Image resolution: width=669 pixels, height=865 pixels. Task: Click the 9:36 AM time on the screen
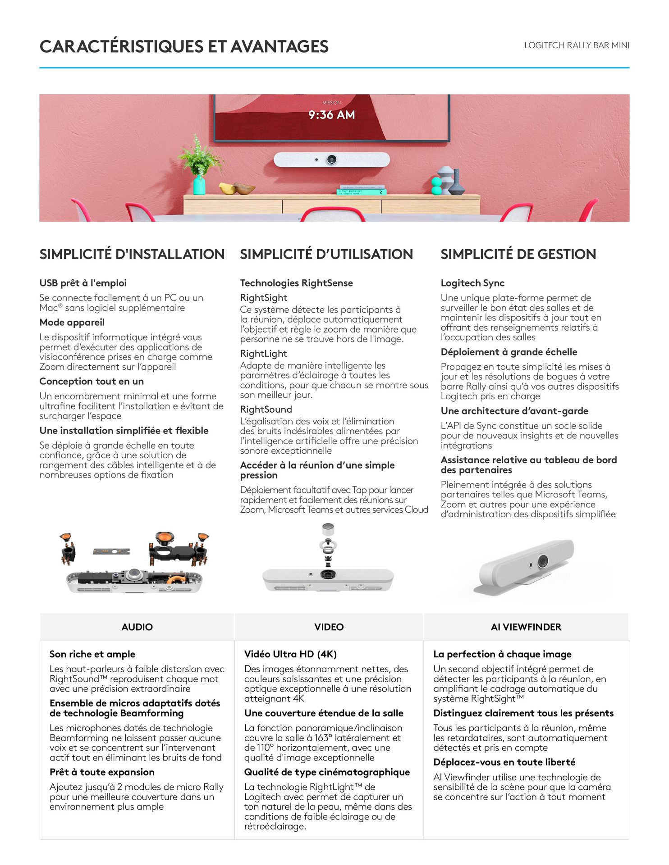pos(331,115)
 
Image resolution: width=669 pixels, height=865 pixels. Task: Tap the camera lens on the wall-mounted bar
pos(332,159)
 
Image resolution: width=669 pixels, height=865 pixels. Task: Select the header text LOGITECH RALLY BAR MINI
pos(577,46)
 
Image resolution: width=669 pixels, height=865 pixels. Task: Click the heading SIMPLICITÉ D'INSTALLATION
pos(132,254)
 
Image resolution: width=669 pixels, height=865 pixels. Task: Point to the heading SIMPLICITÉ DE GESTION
pos(518,254)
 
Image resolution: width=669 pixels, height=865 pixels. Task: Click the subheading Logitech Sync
pos(472,283)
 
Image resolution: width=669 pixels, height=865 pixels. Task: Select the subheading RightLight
pos(263,354)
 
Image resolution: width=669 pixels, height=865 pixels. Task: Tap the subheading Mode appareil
pos(72,323)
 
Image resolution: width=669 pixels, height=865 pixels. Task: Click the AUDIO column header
pos(137,627)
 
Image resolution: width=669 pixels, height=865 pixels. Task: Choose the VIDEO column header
pos(329,627)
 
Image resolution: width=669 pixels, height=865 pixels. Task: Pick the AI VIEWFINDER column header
pos(526,627)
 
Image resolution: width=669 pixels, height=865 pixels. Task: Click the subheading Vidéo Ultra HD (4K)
pos(290,654)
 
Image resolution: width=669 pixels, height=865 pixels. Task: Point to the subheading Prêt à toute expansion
pos(102,772)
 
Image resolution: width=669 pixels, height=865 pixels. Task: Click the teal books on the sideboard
pos(362,191)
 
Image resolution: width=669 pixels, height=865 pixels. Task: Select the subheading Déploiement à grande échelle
pos(509,352)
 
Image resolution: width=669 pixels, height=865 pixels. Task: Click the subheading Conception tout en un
pos(92,381)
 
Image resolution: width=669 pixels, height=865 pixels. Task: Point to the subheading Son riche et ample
pos(92,654)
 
